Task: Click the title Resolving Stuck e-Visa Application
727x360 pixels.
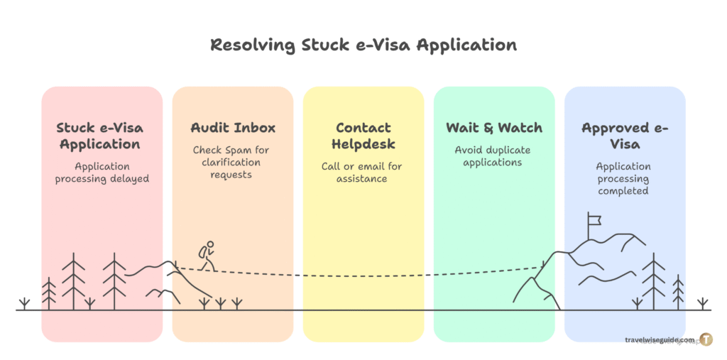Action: coord(363,45)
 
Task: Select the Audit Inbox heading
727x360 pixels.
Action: coord(233,129)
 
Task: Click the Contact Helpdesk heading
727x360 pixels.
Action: coord(363,136)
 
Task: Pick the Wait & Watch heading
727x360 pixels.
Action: coord(494,129)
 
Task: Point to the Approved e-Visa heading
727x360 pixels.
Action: coord(625,136)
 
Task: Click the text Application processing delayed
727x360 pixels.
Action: coord(102,173)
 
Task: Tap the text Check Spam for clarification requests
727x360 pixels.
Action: coord(232,162)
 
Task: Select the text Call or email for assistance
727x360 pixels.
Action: coord(363,173)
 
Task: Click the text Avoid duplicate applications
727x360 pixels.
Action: coord(494,156)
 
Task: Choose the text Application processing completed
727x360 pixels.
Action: coord(625,179)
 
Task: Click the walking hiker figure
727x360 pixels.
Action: coord(207,256)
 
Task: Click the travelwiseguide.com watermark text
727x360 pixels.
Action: coord(658,340)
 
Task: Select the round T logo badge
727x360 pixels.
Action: coord(706,339)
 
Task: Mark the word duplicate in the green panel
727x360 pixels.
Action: coord(507,151)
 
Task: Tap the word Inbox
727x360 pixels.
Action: coord(253,129)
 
